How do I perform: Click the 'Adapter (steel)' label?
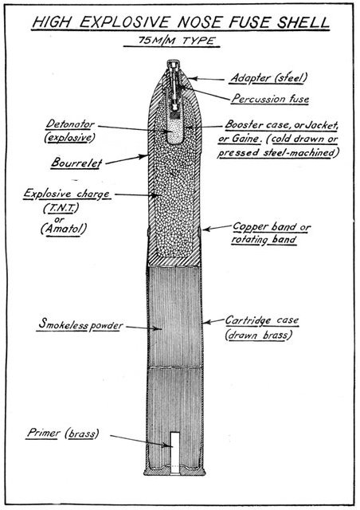(268, 78)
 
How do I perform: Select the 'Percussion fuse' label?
(270, 99)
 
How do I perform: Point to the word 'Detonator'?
(70, 124)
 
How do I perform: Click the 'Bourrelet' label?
(76, 163)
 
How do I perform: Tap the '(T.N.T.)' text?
(61, 208)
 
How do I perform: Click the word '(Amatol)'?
(64, 229)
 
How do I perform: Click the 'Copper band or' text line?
(272, 226)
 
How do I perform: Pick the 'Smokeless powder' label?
(80, 324)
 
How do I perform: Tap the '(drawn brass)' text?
(259, 335)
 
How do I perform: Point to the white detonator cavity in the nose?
(175, 131)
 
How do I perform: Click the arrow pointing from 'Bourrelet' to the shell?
(127, 159)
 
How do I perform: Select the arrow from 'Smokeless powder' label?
(143, 328)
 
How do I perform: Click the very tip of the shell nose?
(173, 61)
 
